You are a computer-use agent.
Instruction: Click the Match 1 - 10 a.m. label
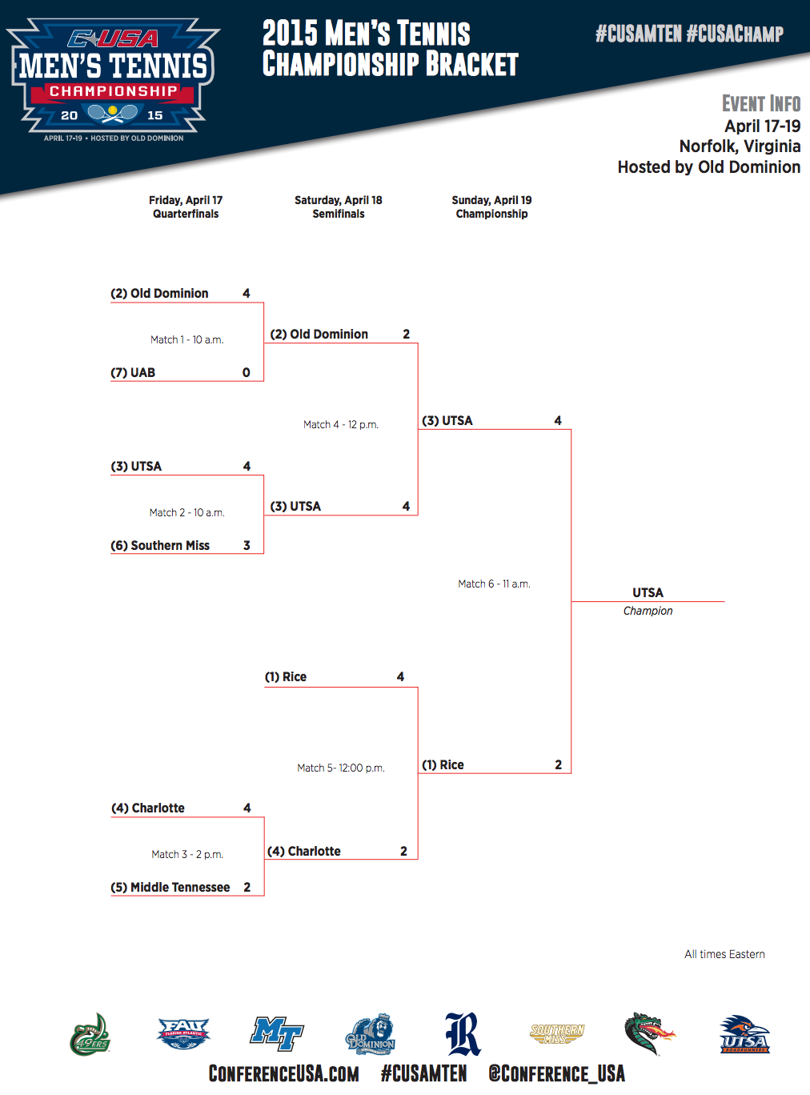(x=186, y=340)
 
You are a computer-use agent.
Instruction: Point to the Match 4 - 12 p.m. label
(x=340, y=425)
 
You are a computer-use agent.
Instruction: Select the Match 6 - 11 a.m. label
(x=494, y=584)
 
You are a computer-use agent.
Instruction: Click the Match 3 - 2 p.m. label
(x=187, y=855)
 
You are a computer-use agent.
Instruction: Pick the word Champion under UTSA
(x=648, y=611)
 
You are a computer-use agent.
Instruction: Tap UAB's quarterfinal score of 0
(x=247, y=373)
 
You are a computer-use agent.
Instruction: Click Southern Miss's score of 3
(x=247, y=546)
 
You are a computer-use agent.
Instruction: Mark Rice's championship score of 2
(x=559, y=765)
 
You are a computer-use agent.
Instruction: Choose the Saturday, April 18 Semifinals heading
(x=339, y=207)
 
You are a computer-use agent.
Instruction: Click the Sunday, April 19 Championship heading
(x=491, y=207)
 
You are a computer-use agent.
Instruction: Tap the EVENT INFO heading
(x=760, y=104)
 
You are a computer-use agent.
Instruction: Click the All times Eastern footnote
(x=724, y=954)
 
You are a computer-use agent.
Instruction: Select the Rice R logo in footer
(x=463, y=1033)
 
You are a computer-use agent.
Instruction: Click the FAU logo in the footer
(x=183, y=1033)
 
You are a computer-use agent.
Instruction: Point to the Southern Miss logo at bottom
(x=557, y=1034)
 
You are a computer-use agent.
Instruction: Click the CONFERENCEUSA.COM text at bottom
(x=283, y=1074)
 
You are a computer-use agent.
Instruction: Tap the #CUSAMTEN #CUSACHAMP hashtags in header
(x=689, y=34)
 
